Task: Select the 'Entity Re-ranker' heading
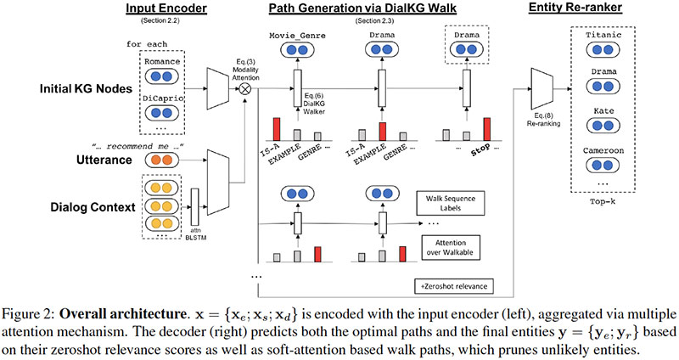[578, 8]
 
